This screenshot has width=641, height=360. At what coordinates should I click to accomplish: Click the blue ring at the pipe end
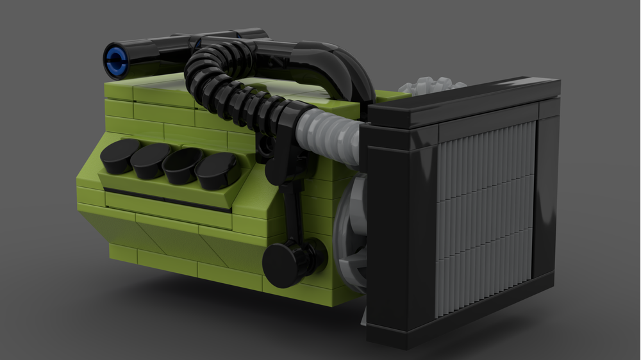(x=115, y=60)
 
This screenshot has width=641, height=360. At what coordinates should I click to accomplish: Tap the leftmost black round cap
(x=119, y=156)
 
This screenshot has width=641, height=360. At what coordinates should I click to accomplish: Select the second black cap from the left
(x=150, y=161)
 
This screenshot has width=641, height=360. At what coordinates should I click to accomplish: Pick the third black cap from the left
(x=182, y=167)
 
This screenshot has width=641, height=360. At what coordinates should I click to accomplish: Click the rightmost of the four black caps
(x=216, y=172)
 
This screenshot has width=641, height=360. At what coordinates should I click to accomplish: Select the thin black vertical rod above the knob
(x=292, y=211)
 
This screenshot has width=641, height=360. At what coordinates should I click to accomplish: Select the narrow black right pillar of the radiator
(x=545, y=192)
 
